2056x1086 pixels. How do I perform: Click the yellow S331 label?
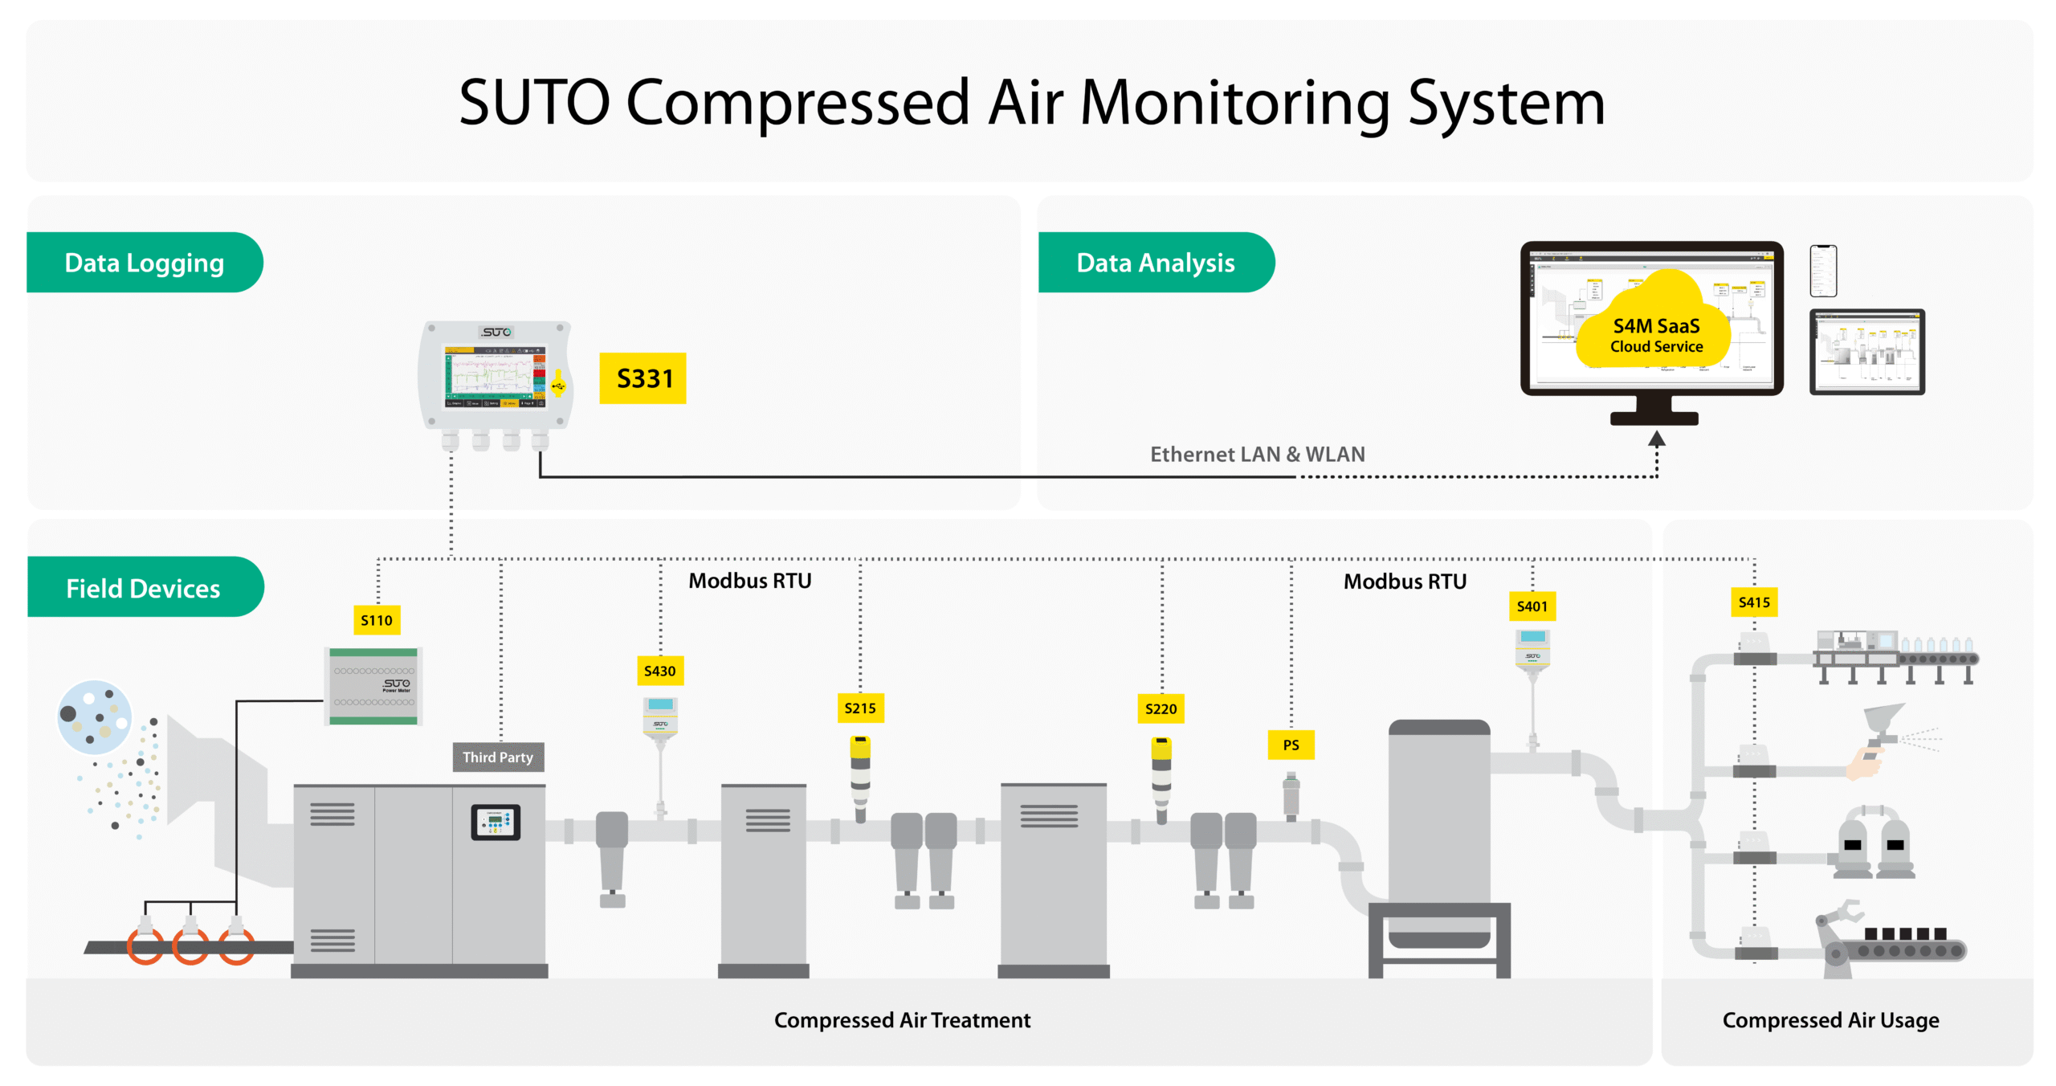tap(642, 378)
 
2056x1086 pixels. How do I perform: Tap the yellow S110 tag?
tap(377, 620)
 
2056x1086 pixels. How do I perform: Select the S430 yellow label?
tap(659, 671)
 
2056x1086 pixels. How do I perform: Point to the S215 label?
tap(859, 708)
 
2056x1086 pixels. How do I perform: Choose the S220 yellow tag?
tap(1161, 708)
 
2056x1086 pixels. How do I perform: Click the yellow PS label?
tap(1291, 745)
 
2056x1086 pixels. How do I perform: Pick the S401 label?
tap(1532, 606)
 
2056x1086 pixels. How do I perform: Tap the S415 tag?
tap(1754, 602)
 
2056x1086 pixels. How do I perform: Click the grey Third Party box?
tap(498, 757)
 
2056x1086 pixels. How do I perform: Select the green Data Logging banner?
tap(145, 263)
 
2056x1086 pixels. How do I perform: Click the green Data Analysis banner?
tap(1155, 263)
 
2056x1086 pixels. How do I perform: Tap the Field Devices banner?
tap(143, 588)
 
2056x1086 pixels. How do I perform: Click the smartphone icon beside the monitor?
tap(1823, 271)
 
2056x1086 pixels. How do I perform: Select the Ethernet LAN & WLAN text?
tap(1257, 455)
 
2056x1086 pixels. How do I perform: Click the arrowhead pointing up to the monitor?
tap(1656, 439)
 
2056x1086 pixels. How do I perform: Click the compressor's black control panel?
tap(496, 822)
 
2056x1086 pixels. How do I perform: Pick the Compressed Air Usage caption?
tap(1830, 1020)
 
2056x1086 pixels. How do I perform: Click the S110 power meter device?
tap(373, 686)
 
